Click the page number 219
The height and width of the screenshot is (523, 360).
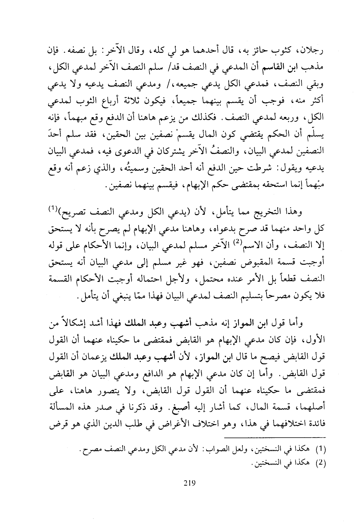point(189,482)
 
